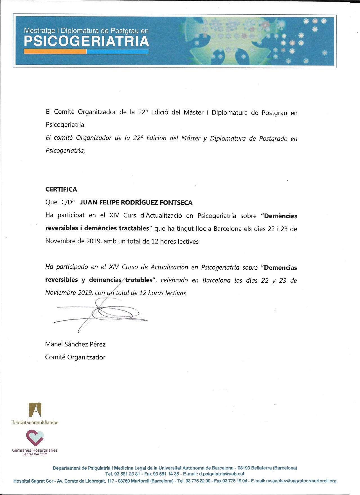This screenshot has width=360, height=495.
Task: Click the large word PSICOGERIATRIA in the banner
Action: (86, 42)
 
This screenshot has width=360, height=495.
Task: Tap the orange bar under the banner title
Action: (55, 52)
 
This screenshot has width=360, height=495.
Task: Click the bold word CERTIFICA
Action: (61, 189)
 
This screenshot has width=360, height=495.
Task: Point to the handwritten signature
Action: (101, 314)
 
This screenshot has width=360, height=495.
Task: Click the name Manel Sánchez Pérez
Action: (75, 344)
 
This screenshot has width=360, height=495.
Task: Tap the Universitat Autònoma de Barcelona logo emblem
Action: (35, 410)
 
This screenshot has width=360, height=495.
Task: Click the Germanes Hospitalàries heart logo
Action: (35, 438)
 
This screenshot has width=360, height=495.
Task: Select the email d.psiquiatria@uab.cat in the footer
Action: (222, 474)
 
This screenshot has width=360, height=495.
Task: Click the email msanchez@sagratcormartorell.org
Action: (301, 481)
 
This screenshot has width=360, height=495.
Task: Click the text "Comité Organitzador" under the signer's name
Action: (75, 357)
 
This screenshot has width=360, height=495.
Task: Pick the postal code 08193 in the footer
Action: (244, 468)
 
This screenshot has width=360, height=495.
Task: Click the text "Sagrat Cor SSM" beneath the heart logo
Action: (35, 454)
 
